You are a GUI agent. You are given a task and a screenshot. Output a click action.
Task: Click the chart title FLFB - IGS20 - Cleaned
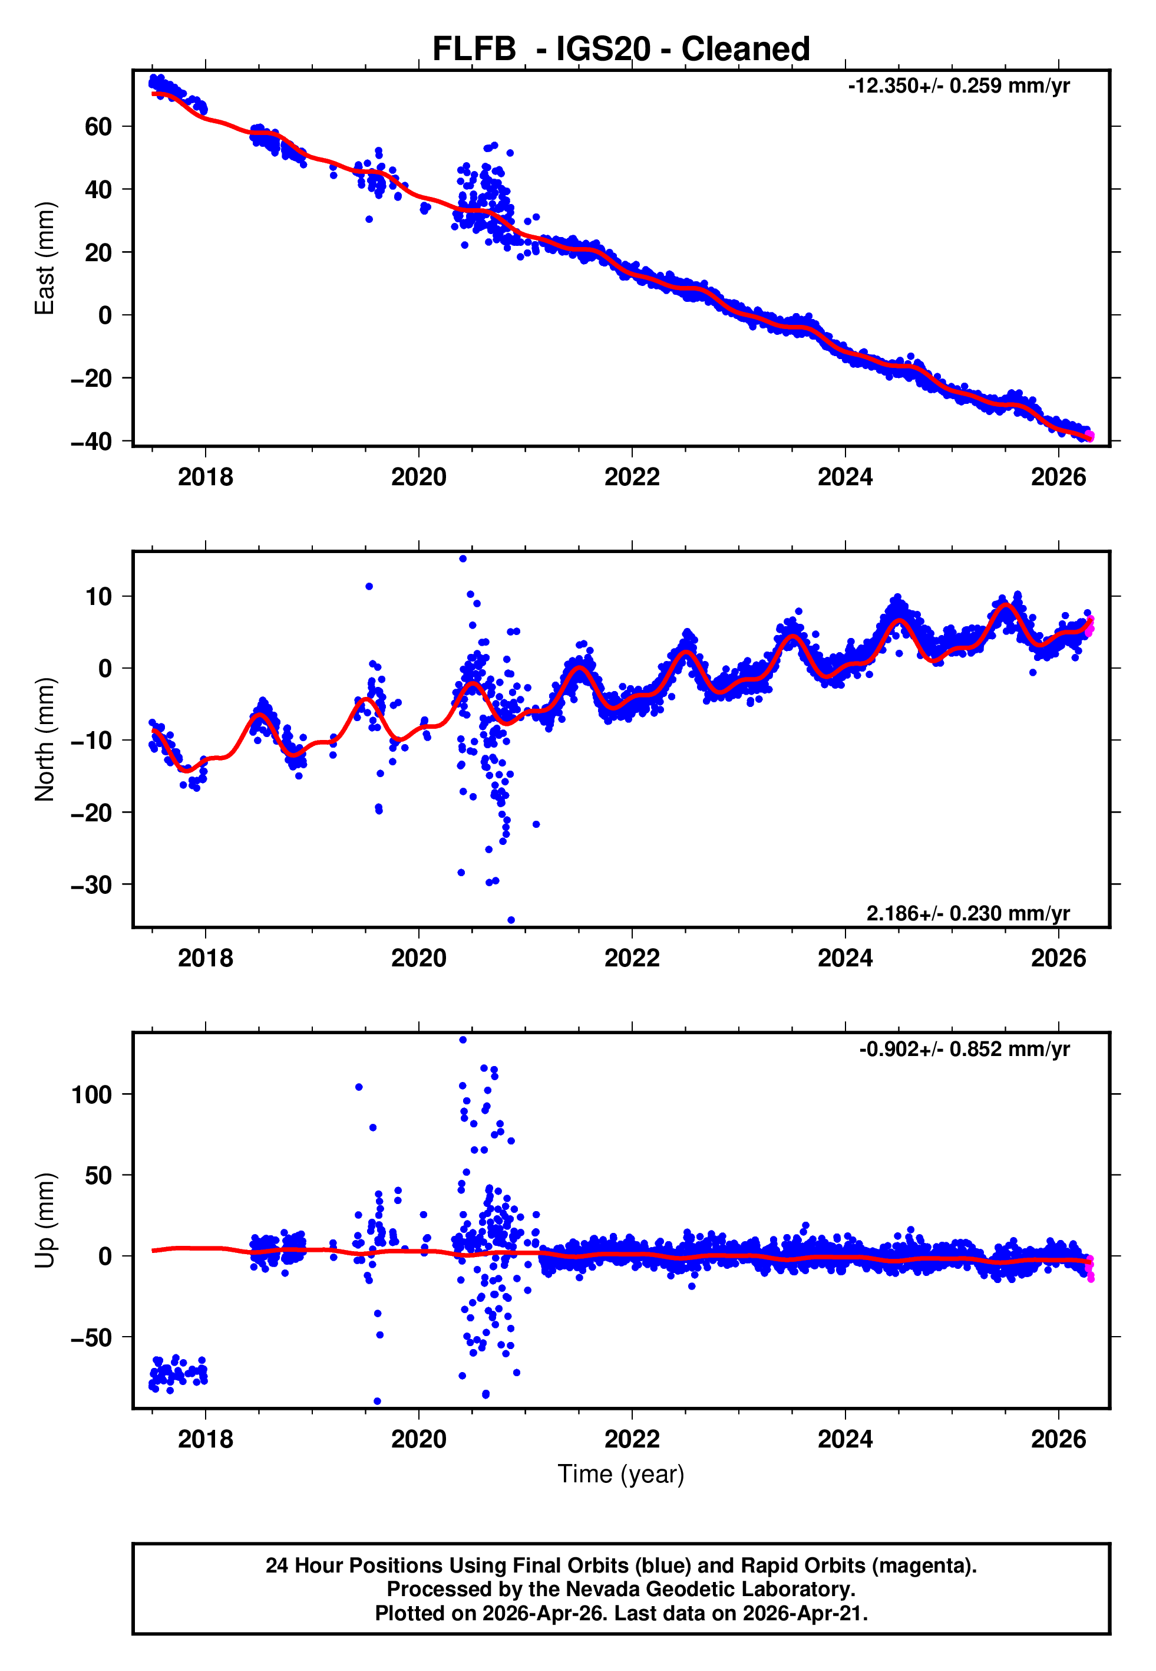pos(621,50)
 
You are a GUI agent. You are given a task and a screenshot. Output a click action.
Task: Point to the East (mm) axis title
pos(45,258)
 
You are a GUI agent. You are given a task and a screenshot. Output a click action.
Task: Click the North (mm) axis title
pos(45,739)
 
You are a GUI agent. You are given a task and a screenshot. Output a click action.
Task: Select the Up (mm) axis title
pos(45,1221)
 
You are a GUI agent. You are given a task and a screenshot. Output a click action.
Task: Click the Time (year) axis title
pos(621,1474)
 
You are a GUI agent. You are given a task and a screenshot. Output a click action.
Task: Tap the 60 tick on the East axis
pos(98,127)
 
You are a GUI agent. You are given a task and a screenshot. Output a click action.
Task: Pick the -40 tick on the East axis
pos(91,440)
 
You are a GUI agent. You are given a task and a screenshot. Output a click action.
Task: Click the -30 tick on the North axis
pos(91,885)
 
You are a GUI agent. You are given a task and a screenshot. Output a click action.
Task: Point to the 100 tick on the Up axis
pos(91,1094)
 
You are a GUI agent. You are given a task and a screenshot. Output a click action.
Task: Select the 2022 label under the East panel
pos(632,477)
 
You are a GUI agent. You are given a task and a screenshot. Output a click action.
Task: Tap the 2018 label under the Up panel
pos(206,1439)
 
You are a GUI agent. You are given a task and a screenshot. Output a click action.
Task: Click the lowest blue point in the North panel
pos(511,920)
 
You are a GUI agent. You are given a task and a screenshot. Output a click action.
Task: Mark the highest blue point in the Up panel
pos(463,1040)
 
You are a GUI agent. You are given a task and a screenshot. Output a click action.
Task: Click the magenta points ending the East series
pos(1089,436)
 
